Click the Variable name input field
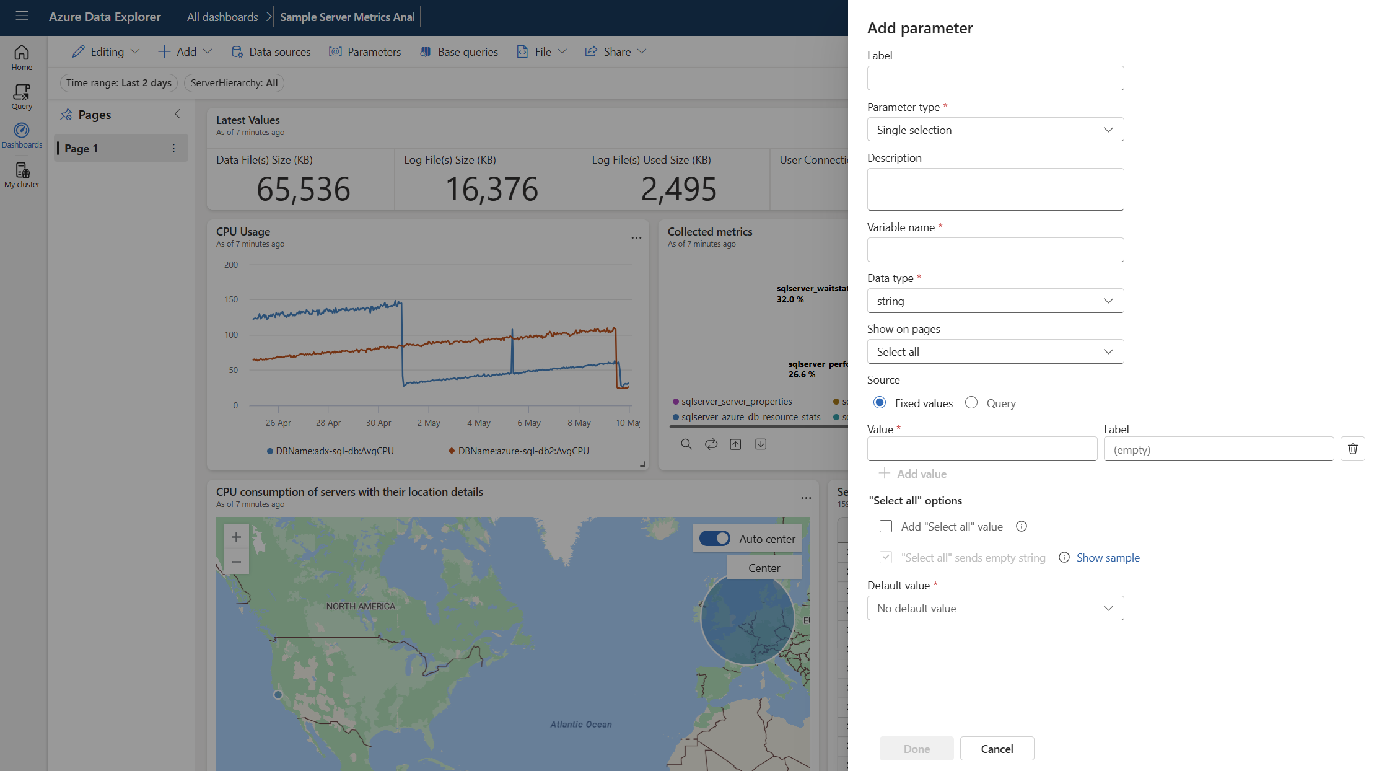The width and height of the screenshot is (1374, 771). coord(995,250)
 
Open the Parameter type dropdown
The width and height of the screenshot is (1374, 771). coord(995,130)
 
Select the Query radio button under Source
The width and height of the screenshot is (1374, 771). coord(971,403)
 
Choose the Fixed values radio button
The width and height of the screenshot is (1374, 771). coord(880,403)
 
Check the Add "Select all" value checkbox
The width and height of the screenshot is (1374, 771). coord(886,526)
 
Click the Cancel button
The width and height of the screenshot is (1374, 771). coord(997,749)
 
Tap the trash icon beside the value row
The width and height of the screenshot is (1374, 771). coord(1352,449)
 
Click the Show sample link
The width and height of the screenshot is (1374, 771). coord(1108,557)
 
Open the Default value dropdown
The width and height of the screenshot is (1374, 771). coord(995,608)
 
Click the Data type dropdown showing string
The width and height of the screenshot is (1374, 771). coord(995,301)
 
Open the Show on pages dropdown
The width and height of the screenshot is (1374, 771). coord(995,351)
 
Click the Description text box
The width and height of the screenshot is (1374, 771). coord(995,189)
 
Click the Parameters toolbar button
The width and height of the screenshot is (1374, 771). coord(365,52)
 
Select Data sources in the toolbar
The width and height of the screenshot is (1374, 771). coord(271,52)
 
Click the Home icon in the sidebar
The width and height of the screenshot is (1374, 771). coord(22,57)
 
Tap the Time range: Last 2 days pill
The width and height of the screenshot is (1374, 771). coord(119,83)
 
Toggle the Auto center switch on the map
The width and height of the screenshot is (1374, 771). coord(715,539)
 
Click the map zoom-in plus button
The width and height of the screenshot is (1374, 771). coord(236,537)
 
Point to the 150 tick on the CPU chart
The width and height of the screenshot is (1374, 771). coord(231,299)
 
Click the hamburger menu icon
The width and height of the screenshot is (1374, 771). coord(22,15)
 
